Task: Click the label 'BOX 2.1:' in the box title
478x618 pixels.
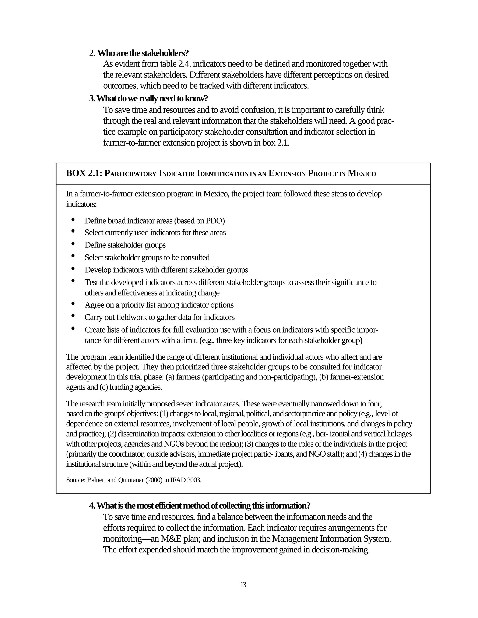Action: coord(84,173)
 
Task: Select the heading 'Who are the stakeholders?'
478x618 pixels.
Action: coord(143,53)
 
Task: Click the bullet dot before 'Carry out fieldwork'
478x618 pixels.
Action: coord(73,316)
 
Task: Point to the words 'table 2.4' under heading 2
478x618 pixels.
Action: coord(176,64)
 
